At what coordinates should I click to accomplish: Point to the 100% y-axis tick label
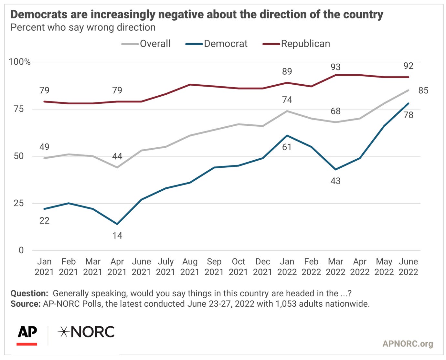19,62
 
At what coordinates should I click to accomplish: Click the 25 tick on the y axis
18,203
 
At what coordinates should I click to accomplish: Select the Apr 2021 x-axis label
117,266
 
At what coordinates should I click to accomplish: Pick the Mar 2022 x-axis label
335,266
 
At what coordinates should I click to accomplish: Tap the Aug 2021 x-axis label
190,266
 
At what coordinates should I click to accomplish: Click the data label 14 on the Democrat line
117,236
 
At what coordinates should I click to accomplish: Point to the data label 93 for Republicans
335,67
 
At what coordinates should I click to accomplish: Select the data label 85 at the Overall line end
423,90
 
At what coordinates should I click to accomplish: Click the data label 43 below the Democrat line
335,181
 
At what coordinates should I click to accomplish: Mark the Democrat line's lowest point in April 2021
117,224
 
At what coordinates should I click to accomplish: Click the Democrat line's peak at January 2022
287,135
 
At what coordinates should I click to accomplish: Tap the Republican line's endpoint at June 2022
409,77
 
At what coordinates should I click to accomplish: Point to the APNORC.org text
408,344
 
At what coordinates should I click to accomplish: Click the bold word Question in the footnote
29,293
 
